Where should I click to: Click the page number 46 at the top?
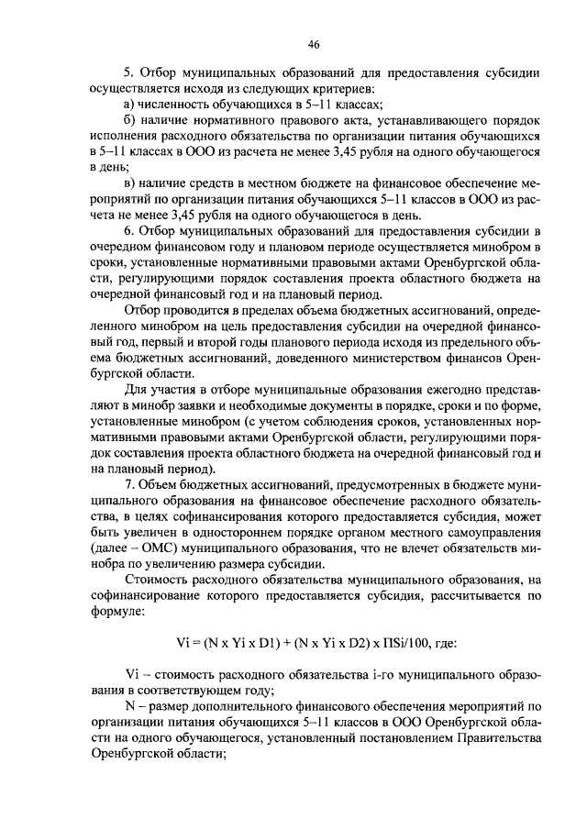[x=314, y=44]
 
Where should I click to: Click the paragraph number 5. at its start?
[x=129, y=72]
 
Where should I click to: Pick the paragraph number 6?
[x=129, y=232]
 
